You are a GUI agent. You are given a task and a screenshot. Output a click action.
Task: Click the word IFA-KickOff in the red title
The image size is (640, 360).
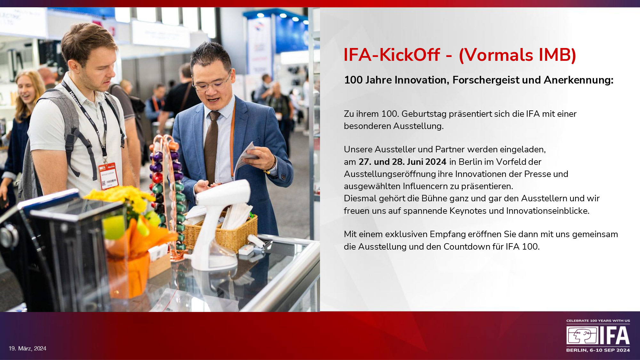[x=392, y=55]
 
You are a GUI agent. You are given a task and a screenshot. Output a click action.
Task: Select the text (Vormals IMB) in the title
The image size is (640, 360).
[x=517, y=55]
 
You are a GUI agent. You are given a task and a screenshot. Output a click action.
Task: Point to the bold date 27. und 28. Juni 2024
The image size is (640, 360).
[x=403, y=162]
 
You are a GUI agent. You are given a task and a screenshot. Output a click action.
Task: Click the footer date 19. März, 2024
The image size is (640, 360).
[x=28, y=348]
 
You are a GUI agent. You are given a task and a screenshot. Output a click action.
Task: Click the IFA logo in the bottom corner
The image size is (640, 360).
[x=598, y=336]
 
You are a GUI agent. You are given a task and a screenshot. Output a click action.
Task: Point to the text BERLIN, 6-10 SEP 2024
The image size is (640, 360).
[x=598, y=350]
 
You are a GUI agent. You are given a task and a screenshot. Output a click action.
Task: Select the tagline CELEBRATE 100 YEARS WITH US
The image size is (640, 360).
[x=598, y=321]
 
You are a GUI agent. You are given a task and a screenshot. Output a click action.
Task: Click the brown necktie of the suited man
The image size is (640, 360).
[x=211, y=147]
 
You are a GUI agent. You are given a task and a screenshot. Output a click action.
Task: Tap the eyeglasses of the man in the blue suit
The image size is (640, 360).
[x=212, y=83]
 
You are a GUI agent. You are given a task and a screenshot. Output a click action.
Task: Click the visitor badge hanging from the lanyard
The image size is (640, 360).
[x=108, y=175]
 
